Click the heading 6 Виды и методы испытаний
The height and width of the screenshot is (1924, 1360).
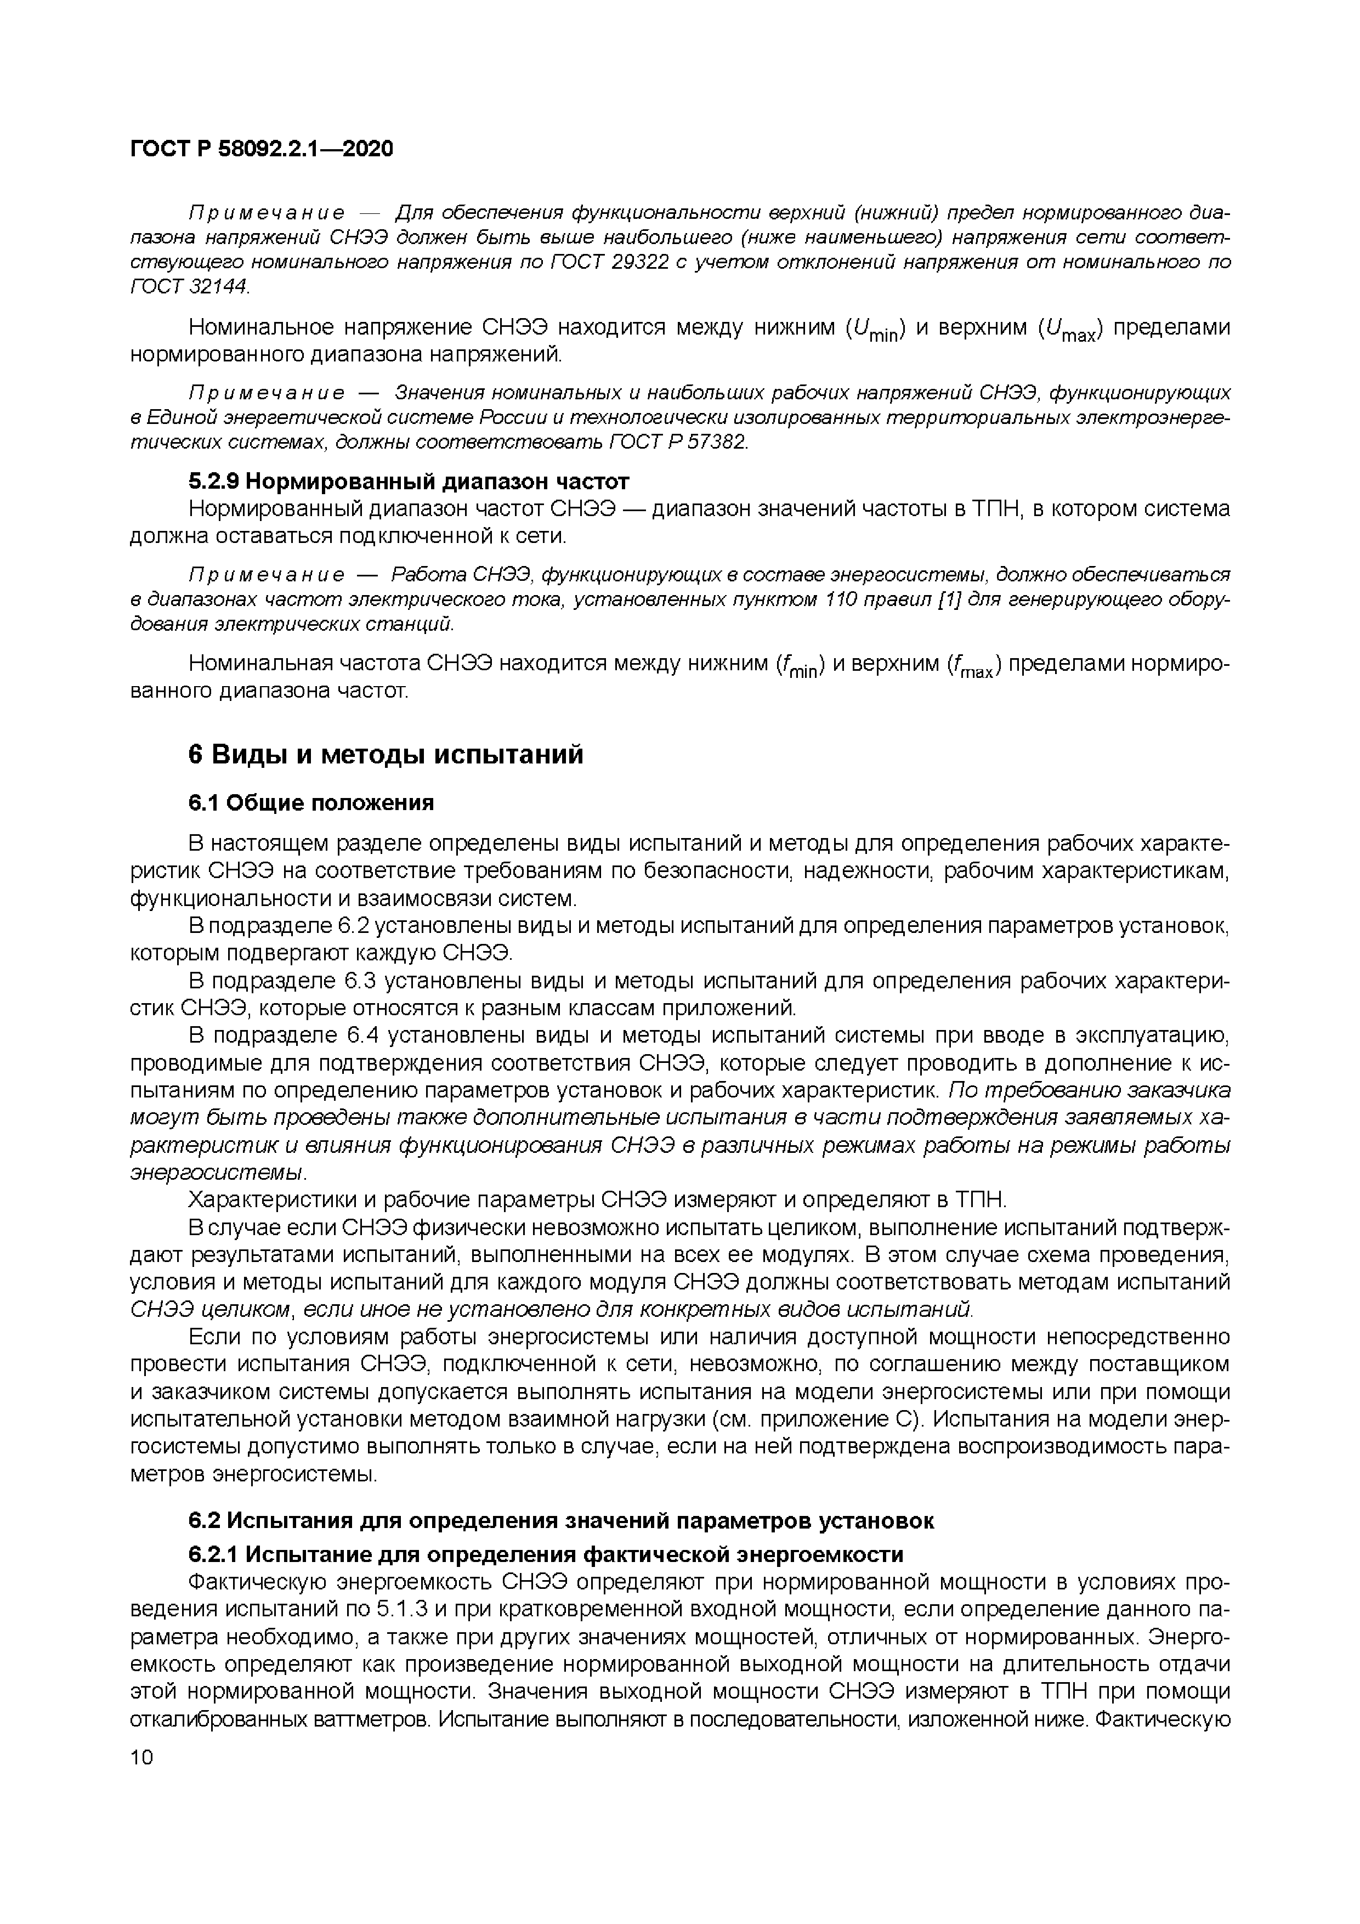[x=386, y=754]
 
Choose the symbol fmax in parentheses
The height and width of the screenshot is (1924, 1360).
[x=974, y=665]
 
